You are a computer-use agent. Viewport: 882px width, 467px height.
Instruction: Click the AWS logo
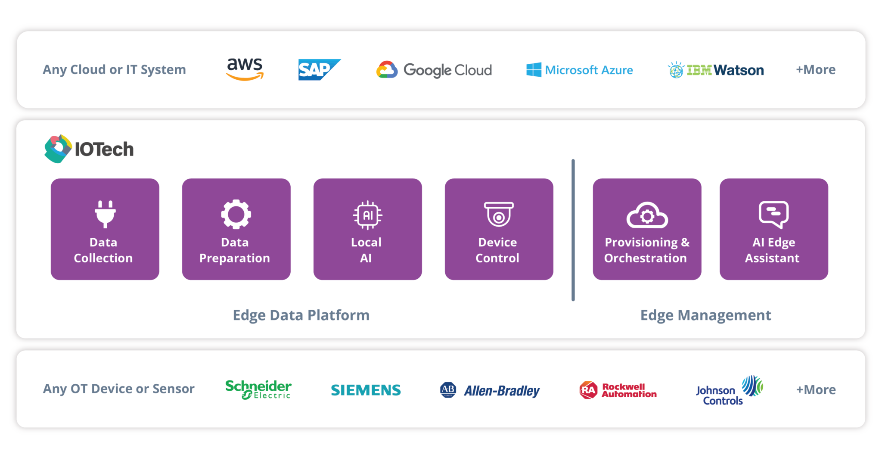(x=245, y=69)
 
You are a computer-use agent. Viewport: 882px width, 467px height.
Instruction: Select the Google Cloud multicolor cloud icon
(x=387, y=70)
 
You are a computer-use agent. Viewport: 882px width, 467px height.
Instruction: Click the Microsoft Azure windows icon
(x=534, y=70)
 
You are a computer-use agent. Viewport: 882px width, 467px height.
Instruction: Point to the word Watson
(x=739, y=70)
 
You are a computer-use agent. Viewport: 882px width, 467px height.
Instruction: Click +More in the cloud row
(x=815, y=70)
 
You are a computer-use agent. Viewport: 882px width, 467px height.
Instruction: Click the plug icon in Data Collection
(x=105, y=214)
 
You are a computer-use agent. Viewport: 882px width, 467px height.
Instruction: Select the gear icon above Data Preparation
(x=236, y=214)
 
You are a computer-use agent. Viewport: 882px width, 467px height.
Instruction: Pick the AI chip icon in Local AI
(x=367, y=215)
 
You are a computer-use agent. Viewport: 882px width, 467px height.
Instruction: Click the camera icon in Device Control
(x=499, y=214)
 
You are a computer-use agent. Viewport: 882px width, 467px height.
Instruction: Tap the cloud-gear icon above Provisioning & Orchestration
(x=647, y=215)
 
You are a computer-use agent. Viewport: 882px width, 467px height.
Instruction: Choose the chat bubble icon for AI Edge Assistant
(x=773, y=214)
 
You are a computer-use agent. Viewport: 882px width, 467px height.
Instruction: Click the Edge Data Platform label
(x=301, y=315)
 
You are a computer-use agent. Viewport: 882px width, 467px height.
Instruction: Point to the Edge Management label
(x=705, y=315)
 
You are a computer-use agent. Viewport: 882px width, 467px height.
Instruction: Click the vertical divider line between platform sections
(x=573, y=230)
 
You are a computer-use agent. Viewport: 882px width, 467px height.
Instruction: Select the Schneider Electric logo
(x=258, y=389)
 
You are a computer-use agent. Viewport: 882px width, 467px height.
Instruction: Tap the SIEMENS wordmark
(x=366, y=390)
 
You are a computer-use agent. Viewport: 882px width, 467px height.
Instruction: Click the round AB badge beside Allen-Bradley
(x=448, y=389)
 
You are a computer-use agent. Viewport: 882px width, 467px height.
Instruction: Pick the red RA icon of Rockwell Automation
(x=588, y=390)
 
